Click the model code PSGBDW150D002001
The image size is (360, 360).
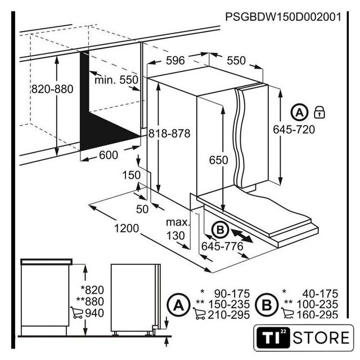click(x=283, y=17)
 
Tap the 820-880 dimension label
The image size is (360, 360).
click(x=52, y=89)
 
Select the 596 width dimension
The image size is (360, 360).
click(x=175, y=61)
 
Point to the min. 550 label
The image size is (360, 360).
click(x=116, y=80)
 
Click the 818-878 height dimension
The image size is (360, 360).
click(x=169, y=133)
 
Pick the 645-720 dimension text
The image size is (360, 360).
click(x=294, y=130)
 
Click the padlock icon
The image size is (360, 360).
click(x=319, y=112)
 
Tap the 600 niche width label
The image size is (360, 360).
click(x=109, y=155)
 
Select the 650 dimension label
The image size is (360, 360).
click(x=218, y=160)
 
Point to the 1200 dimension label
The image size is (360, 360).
click(x=127, y=228)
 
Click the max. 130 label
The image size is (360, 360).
click(x=178, y=229)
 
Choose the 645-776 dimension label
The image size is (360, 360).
click(x=222, y=246)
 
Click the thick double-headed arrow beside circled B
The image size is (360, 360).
click(x=242, y=236)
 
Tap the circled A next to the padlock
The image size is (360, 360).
click(x=299, y=112)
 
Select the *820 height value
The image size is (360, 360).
click(x=92, y=290)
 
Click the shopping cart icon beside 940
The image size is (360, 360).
click(x=76, y=313)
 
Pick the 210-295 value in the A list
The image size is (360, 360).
click(x=229, y=315)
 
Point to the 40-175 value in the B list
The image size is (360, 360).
click(x=320, y=294)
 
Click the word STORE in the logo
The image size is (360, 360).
click(x=321, y=337)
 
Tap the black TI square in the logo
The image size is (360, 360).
click(x=273, y=338)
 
